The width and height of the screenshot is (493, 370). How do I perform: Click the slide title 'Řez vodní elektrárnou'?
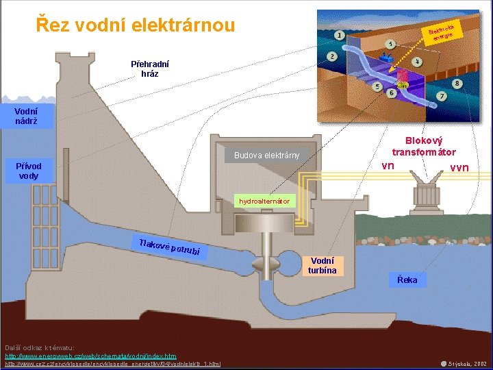coord(135,25)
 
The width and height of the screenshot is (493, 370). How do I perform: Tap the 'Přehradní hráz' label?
coord(150,69)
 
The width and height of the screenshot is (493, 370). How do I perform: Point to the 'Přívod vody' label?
coord(29,171)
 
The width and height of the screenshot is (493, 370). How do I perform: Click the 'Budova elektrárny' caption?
coord(266,155)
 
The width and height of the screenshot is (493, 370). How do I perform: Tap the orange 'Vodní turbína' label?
coord(323,265)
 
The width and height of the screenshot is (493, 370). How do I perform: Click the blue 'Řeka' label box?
coord(407,280)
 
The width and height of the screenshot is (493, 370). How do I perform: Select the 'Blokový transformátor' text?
coord(424,145)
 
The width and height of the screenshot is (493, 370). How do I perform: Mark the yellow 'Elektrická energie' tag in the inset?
coord(442,32)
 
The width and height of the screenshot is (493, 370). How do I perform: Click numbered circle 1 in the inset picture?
coord(340,35)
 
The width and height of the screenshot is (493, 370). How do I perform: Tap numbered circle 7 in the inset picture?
coord(442,95)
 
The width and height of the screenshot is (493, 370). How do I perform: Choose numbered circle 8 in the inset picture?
coord(457,84)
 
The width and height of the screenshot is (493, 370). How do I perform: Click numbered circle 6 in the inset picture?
coord(391,92)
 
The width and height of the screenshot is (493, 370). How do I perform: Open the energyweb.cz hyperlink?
coord(90,356)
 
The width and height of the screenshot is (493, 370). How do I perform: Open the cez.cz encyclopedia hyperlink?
coord(113,364)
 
